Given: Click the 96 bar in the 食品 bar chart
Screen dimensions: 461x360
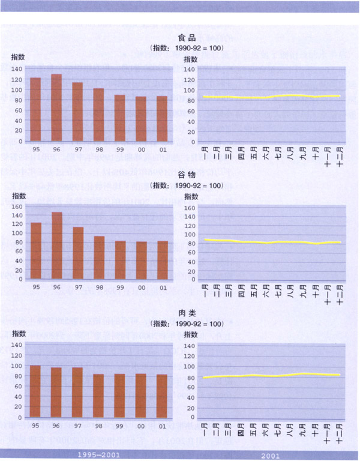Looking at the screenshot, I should [x=56, y=108].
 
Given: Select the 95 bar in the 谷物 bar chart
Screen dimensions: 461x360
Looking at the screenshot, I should [x=35, y=251].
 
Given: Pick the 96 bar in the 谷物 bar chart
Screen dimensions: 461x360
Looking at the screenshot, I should [x=56, y=246].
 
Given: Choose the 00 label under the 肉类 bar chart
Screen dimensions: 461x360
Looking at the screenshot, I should [x=141, y=426].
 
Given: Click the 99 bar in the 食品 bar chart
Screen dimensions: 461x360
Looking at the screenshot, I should [x=120, y=118].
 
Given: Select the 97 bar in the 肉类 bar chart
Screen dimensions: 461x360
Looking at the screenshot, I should [x=77, y=393].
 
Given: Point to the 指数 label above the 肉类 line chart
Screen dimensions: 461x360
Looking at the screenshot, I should [x=190, y=334].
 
